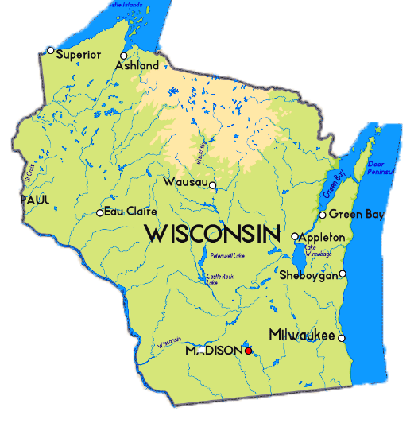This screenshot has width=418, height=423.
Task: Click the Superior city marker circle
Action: tap(50, 51)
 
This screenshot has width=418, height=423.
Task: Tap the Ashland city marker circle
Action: tap(123, 56)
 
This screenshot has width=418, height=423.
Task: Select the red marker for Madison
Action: tap(248, 350)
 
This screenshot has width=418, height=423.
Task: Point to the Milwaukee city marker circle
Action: tap(342, 338)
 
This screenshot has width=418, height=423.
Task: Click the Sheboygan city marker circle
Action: tap(343, 274)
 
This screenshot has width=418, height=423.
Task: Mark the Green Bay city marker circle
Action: tap(322, 215)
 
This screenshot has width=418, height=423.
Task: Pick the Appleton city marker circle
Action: tap(295, 236)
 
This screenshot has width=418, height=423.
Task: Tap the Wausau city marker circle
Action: tap(213, 185)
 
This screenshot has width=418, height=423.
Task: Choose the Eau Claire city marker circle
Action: tap(99, 212)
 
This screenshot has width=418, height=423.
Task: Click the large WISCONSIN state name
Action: tap(213, 234)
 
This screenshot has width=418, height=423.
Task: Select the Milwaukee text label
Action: tap(301, 334)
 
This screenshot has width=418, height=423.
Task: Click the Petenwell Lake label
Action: tap(227, 256)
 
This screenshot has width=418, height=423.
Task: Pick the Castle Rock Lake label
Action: tap(219, 277)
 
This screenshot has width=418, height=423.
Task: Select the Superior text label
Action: tap(79, 54)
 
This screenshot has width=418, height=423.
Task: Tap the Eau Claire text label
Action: tap(131, 211)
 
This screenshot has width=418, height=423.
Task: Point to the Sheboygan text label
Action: tap(308, 275)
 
